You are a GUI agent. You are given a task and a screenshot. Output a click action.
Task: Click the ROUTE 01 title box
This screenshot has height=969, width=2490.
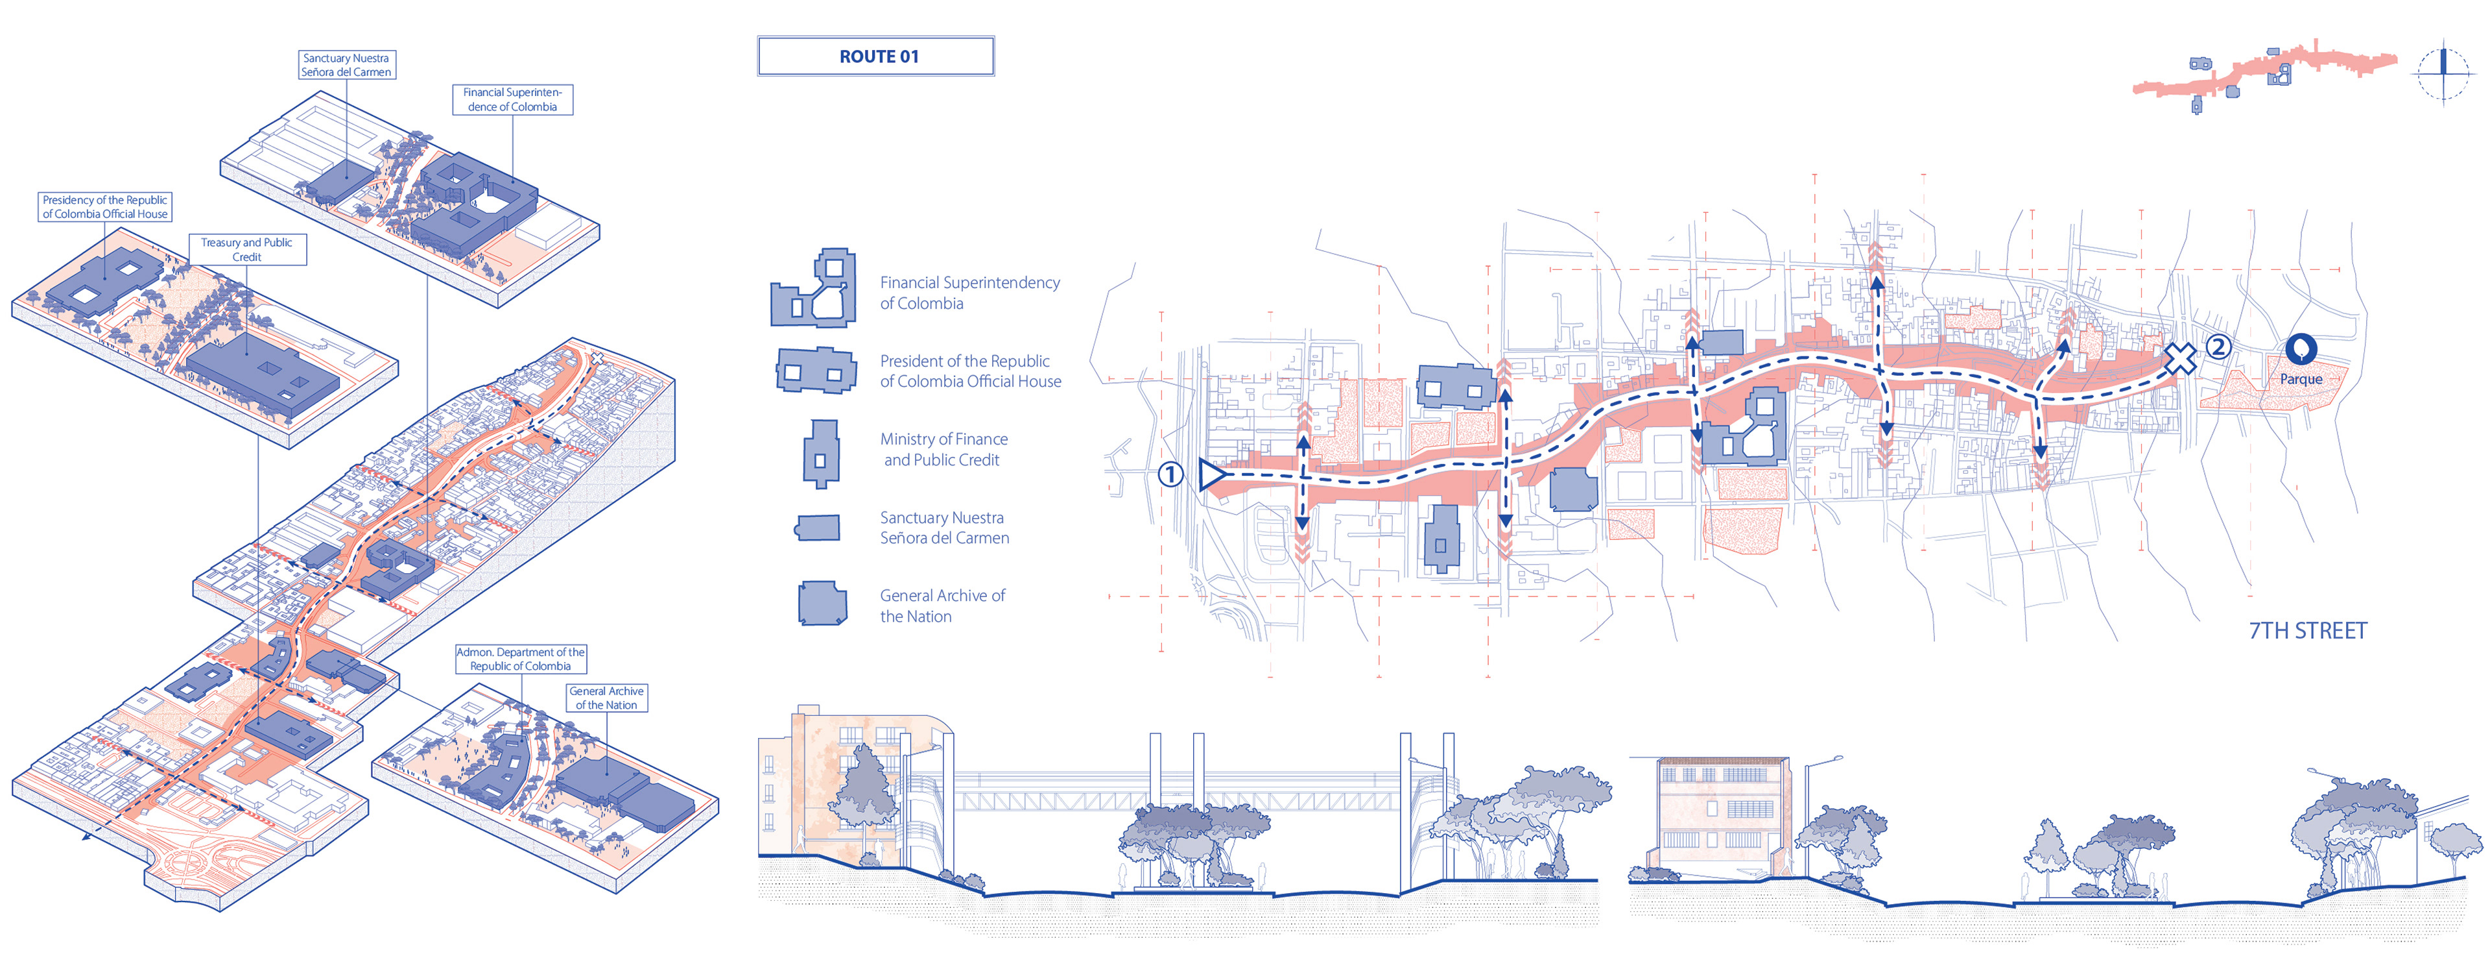click(876, 56)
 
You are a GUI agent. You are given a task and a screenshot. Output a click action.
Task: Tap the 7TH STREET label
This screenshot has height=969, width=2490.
click(2307, 630)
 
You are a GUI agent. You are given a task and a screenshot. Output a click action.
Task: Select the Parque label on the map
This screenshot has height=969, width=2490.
click(2301, 379)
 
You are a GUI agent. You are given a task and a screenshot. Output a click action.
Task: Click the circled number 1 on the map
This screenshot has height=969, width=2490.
click(1170, 475)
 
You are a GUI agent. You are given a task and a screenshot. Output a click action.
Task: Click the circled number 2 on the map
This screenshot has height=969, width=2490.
click(2218, 346)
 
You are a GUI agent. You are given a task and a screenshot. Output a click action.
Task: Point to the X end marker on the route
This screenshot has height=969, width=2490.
click(2179, 359)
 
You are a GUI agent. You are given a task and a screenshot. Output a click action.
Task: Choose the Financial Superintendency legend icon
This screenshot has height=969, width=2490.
click(814, 290)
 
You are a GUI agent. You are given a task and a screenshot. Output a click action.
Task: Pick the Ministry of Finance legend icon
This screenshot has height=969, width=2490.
click(821, 452)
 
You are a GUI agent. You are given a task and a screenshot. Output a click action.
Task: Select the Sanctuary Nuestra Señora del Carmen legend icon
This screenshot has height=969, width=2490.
click(817, 527)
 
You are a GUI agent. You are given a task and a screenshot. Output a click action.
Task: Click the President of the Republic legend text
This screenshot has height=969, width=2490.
click(969, 371)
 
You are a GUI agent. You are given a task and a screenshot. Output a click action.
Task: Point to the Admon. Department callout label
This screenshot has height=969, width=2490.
click(520, 659)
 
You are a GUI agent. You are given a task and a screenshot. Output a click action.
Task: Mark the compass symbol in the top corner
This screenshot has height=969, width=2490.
click(2443, 73)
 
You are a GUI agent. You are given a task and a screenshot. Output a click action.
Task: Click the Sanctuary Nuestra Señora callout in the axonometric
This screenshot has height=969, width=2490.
click(346, 65)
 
